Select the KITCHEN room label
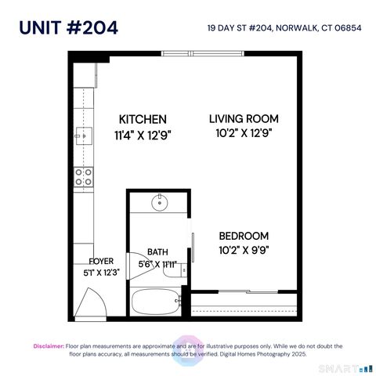(x=142, y=119)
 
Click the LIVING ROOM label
(x=244, y=119)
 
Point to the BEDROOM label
(x=244, y=236)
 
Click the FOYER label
(x=102, y=261)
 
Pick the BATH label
(x=158, y=252)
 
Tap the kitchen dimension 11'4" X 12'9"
(x=142, y=135)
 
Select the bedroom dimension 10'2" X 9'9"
(x=244, y=251)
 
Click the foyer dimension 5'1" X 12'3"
(x=102, y=273)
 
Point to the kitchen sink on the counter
(x=81, y=135)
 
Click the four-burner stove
(x=82, y=177)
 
